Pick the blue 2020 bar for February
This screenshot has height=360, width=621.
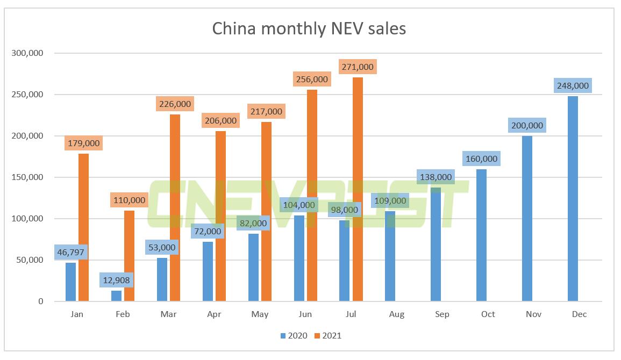116,296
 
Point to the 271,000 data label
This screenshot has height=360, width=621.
358,67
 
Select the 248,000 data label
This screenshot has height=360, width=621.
573,85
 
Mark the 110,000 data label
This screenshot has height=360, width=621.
129,200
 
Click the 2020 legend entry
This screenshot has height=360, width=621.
294,336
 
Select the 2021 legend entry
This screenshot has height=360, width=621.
327,336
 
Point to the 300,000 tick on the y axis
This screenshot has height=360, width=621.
27,53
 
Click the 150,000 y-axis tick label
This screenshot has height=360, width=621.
27,177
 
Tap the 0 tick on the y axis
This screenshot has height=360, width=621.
40,301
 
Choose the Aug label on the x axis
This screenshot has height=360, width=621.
397,314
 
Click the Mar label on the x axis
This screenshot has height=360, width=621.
168,314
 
